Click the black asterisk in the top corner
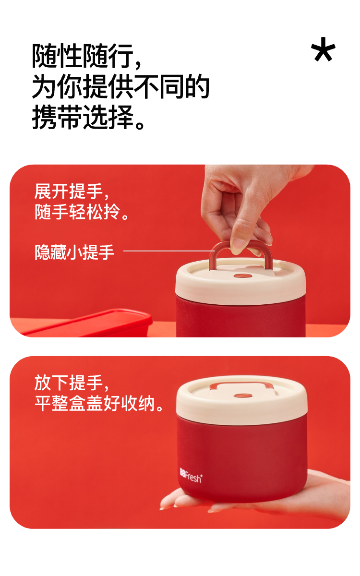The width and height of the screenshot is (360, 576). click(x=323, y=49)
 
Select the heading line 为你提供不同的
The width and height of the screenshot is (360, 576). click(x=120, y=86)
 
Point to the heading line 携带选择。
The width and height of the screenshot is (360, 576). click(x=88, y=117)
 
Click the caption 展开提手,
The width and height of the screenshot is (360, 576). click(x=72, y=192)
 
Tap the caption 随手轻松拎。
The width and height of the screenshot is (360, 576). click(x=82, y=212)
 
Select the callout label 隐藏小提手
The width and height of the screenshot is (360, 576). click(x=74, y=252)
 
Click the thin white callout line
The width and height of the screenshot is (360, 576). click(x=169, y=251)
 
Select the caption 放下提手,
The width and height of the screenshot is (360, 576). click(x=72, y=383)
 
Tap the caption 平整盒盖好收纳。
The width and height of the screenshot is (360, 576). click(x=99, y=403)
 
